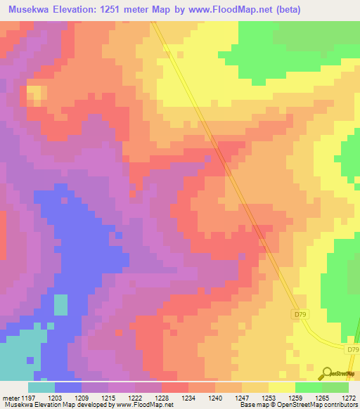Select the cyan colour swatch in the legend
pos(41,387)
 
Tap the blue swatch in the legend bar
pos(68,387)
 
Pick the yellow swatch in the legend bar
pos(282,387)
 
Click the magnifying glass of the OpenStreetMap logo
pos(326,373)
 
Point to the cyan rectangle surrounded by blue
pos(61,304)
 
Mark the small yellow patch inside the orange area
pos(37,93)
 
